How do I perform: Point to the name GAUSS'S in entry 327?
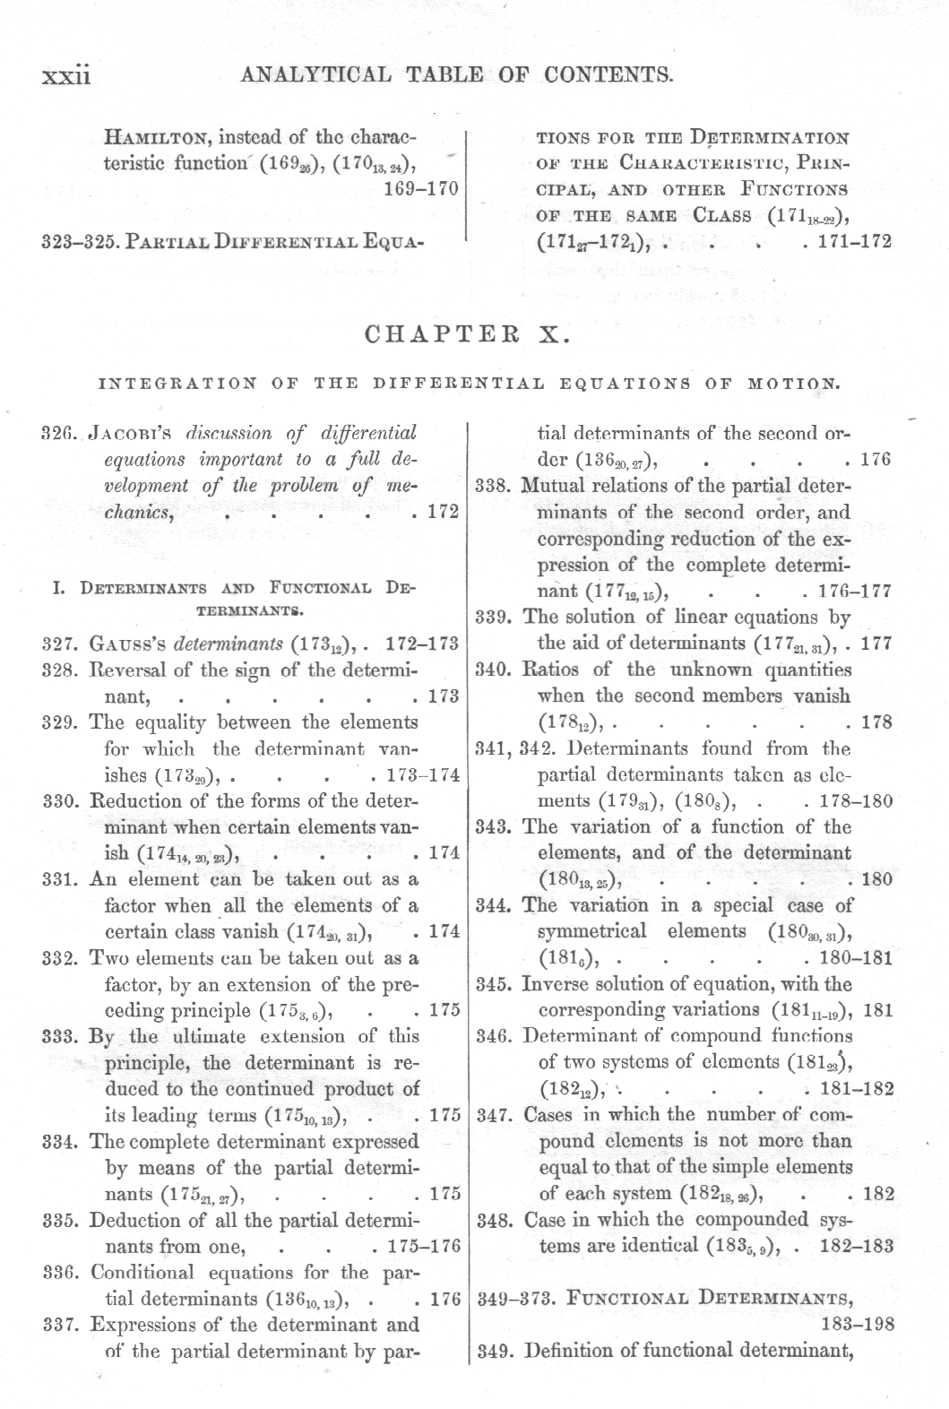[x=129, y=643]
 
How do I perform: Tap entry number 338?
[x=493, y=486]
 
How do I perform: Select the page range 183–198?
[x=858, y=1325]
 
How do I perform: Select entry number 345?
[x=493, y=984]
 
